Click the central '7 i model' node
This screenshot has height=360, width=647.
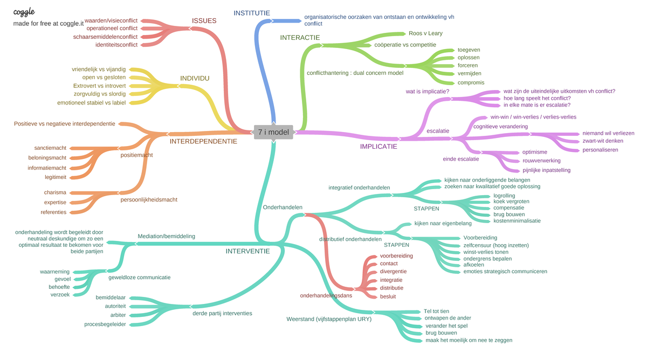point(273,132)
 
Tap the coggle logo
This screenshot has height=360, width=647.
point(24,12)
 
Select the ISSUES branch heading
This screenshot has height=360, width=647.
point(204,21)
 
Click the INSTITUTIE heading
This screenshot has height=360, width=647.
point(252,13)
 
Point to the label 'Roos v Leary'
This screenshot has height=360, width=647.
point(425,33)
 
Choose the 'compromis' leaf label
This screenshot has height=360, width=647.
point(471,82)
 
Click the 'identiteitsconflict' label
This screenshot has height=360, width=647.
point(116,45)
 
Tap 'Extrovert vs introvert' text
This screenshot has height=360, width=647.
point(99,86)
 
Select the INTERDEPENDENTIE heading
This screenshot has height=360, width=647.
point(203,141)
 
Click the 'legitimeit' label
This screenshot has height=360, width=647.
point(56,177)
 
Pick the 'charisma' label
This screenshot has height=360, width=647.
point(55,192)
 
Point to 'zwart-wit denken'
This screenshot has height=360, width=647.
point(603,141)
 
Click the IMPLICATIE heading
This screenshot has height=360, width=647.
point(378,147)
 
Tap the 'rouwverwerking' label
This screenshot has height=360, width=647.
point(541,161)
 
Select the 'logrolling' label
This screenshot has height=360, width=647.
point(504,196)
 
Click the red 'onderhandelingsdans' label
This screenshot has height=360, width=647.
point(326,295)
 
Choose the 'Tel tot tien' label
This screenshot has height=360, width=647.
point(436,311)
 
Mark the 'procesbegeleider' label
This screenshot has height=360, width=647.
point(105,324)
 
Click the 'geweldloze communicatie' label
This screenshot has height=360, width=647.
point(140,278)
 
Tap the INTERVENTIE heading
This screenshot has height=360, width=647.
point(247,251)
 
